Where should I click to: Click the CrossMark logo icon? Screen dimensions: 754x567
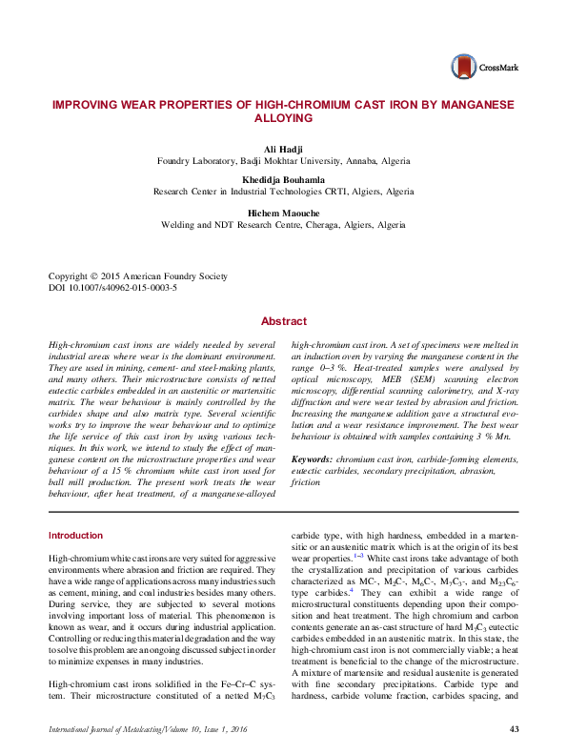[x=463, y=66]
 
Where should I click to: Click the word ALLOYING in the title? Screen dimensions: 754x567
[x=284, y=118]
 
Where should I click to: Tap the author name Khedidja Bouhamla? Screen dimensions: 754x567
[x=283, y=179]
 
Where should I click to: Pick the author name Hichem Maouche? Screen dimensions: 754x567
[x=283, y=213]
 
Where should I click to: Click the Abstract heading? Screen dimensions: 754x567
[x=284, y=322]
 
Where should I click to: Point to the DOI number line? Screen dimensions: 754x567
[x=112, y=287]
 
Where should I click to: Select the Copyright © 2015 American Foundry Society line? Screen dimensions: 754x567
[x=138, y=276]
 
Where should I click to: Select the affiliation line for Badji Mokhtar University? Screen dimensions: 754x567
[x=283, y=162]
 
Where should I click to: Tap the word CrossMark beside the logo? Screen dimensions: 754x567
[x=496, y=68]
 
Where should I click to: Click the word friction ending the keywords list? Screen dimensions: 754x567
[x=305, y=483]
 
